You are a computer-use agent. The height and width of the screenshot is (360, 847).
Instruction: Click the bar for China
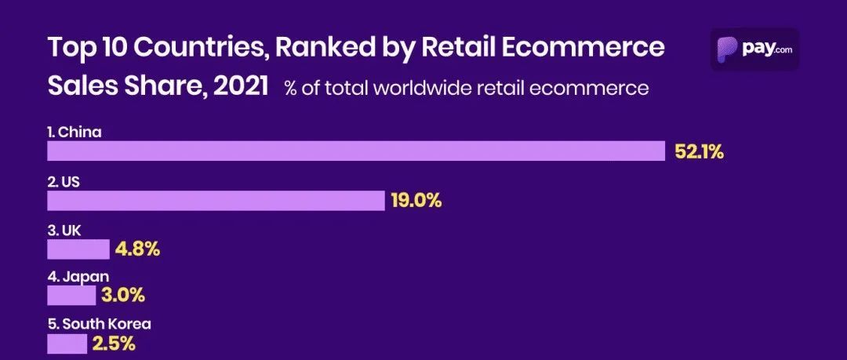(x=356, y=151)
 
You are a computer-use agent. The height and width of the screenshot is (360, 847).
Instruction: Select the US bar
(x=216, y=200)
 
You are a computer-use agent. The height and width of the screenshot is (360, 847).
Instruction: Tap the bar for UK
(x=78, y=249)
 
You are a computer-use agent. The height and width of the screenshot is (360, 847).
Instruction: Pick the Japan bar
(x=71, y=296)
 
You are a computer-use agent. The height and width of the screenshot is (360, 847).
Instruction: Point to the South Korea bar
(x=67, y=344)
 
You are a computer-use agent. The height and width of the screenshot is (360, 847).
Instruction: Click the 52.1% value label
(x=699, y=152)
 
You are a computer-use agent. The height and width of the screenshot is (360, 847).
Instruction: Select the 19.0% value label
(x=416, y=201)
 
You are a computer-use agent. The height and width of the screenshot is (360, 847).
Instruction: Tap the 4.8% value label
(x=137, y=249)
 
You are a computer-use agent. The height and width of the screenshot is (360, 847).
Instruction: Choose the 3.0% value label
(x=123, y=296)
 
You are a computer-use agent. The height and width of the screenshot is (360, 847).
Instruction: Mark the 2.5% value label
(x=115, y=344)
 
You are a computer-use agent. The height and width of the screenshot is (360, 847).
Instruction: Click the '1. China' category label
(x=75, y=133)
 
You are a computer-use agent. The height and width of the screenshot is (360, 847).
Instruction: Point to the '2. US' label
(x=64, y=181)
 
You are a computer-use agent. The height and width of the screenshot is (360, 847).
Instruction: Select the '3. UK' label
(x=64, y=230)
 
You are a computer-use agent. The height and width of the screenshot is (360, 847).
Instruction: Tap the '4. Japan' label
(x=78, y=276)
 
